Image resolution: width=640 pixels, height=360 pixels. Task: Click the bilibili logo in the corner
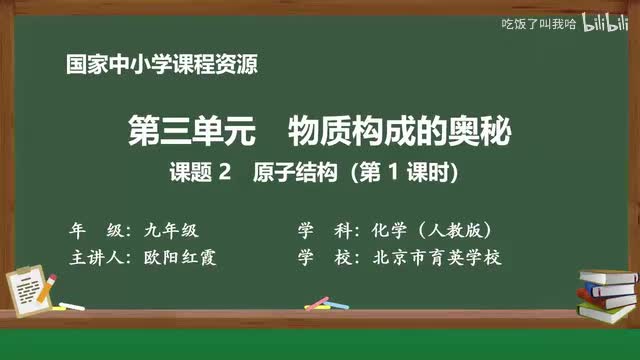point(600,22)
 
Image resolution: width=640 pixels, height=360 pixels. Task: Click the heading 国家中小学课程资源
point(162,66)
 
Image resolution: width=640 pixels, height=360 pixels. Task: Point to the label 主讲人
point(99,257)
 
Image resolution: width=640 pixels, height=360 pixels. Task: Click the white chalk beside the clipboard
point(71,306)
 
